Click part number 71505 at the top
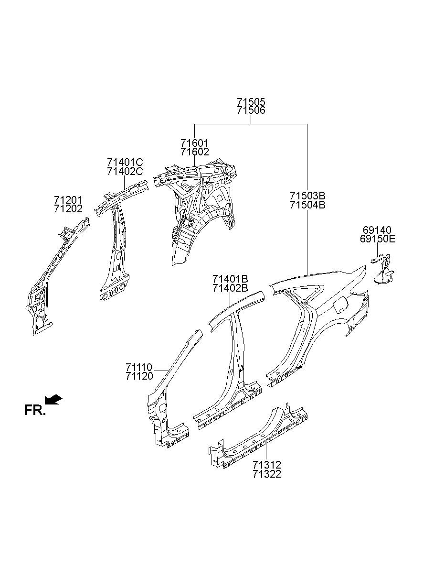coord(251,102)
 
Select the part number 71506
coord(251,110)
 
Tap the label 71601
coord(195,143)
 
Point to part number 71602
coord(195,152)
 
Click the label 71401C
coord(125,163)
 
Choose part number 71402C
coord(125,171)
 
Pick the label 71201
coord(68,200)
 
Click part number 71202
coord(68,208)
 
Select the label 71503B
coord(307,196)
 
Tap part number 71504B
coord(307,205)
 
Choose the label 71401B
coord(231,279)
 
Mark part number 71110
coord(139,367)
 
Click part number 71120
coord(139,376)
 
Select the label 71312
coord(267,465)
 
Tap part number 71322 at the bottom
coord(267,474)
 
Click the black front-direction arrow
coord(54,399)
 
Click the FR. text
coord(34,410)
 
